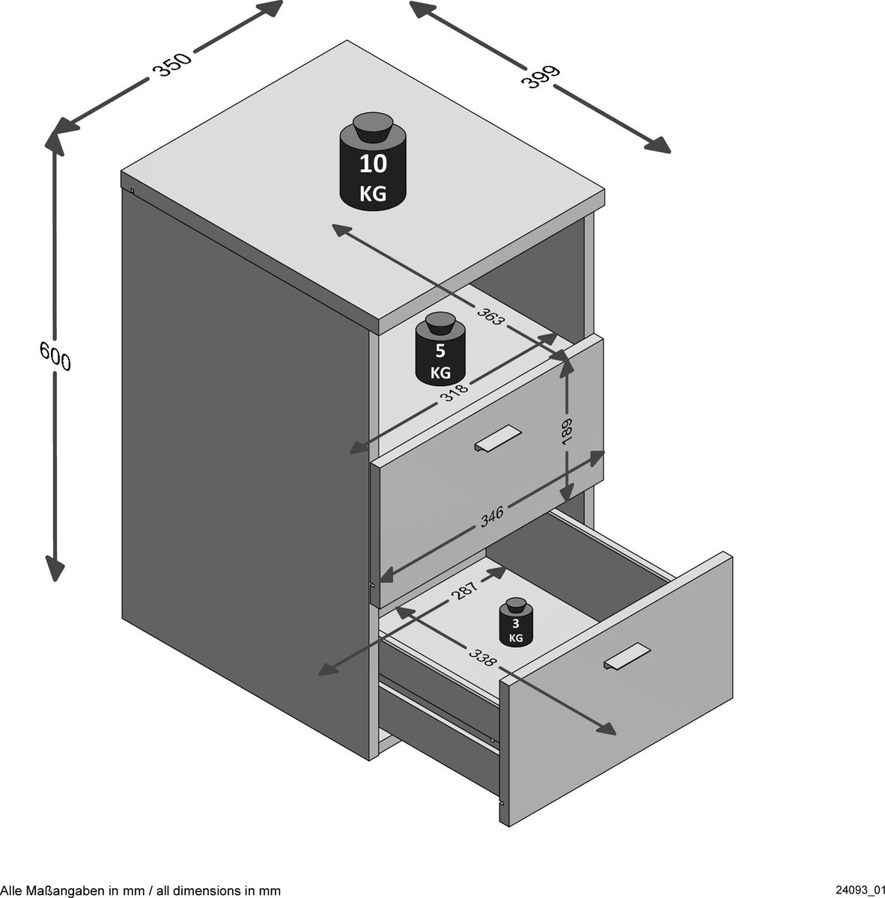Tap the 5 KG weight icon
[440, 348]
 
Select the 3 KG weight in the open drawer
[516, 621]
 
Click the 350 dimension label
[172, 64]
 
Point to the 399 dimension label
[540, 76]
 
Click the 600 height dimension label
[55, 355]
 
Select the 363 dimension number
[490, 316]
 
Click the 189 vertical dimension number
[567, 432]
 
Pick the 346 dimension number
[492, 516]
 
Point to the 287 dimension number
[464, 590]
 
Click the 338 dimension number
[483, 657]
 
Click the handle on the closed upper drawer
[497, 438]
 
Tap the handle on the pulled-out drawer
[627, 656]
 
